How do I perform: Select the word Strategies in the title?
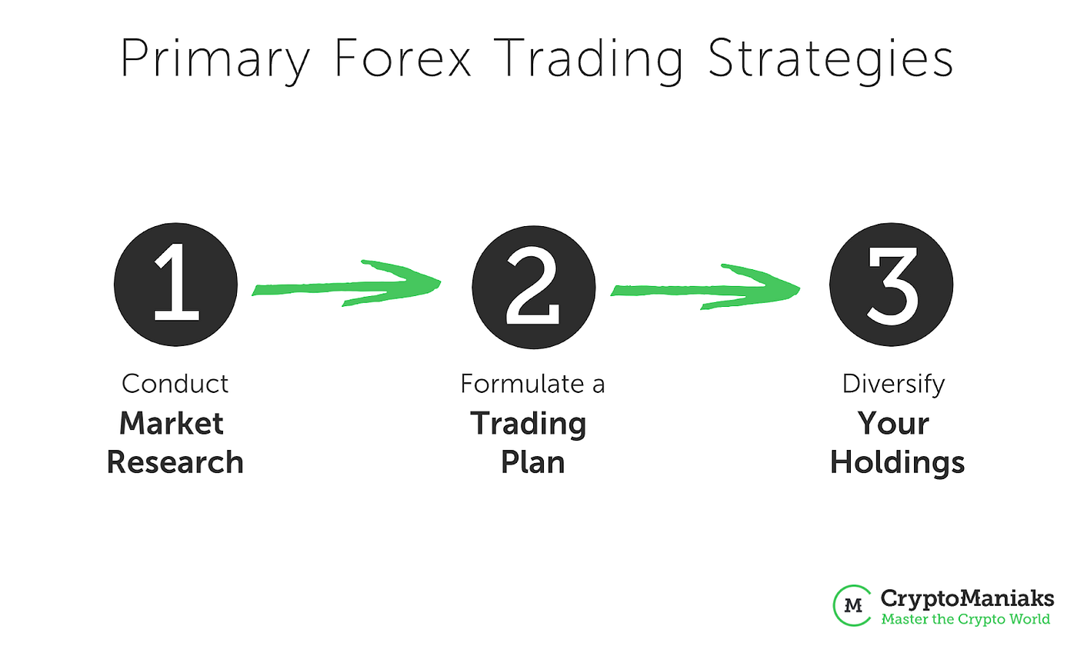pyautogui.click(x=829, y=60)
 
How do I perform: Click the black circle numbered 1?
pyautogui.click(x=176, y=285)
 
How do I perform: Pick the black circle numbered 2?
pyautogui.click(x=534, y=285)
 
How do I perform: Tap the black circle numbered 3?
pyautogui.click(x=892, y=285)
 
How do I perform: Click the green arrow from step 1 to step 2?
pyautogui.click(x=346, y=285)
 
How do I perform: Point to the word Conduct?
pyautogui.click(x=175, y=383)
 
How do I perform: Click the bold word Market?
pyautogui.click(x=172, y=423)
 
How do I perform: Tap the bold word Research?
pyautogui.click(x=175, y=462)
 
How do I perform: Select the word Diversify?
pyautogui.click(x=893, y=383)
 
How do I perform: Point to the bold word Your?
pyautogui.click(x=893, y=423)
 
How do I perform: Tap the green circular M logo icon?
pyautogui.click(x=852, y=604)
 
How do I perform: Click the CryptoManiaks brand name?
pyautogui.click(x=967, y=598)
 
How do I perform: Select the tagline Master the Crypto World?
pyautogui.click(x=965, y=618)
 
